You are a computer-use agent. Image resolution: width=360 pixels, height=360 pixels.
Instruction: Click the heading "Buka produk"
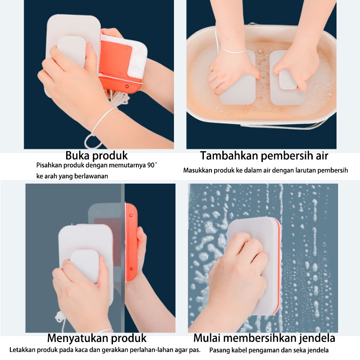(x=96, y=156)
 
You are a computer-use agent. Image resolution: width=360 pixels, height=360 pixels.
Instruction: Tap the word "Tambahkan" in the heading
(x=229, y=155)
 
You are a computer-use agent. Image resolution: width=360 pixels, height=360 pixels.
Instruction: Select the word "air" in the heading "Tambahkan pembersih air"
(x=322, y=155)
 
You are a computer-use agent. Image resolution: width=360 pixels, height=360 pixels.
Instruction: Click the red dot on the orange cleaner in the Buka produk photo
(x=126, y=86)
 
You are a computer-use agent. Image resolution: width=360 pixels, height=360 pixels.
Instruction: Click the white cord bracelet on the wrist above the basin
(x=231, y=51)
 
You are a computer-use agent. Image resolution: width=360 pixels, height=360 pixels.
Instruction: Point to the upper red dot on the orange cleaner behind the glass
(x=131, y=216)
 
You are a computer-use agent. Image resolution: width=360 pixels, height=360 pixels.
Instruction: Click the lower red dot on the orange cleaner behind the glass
(x=131, y=269)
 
